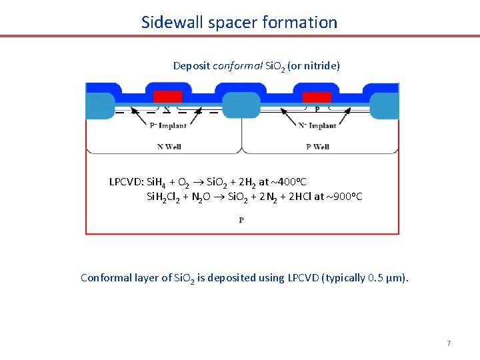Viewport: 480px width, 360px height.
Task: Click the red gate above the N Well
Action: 167,97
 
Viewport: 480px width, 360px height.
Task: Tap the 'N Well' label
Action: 169,147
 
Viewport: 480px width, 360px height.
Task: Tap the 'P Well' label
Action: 317,147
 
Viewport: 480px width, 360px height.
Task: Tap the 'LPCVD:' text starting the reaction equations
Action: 127,182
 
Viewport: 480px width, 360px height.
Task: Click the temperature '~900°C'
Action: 345,197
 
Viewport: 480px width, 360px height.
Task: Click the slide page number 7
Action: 449,343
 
